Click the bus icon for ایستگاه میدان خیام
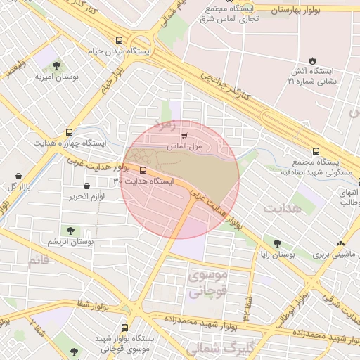pos(119,40)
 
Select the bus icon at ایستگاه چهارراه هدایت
pos(69,131)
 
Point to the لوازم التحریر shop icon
pos(86,186)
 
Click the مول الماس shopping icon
pos(185,135)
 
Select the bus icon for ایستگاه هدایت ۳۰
pos(143,170)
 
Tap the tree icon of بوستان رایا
pos(277,243)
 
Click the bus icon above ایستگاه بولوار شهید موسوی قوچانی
pos(125,328)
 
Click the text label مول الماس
pos(185,146)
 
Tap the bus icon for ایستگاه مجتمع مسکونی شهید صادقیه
pos(316,151)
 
